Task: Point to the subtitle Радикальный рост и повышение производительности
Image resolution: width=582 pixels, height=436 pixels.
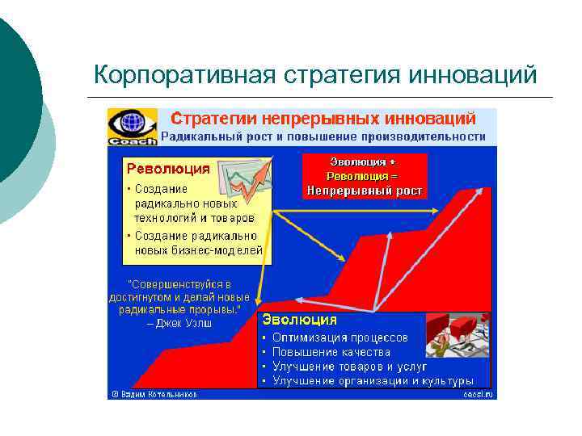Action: click(323, 137)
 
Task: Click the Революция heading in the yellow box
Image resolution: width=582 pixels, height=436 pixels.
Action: click(167, 169)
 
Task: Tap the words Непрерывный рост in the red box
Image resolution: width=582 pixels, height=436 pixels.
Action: click(363, 191)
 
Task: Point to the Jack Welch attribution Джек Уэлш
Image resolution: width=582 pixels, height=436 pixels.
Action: click(179, 323)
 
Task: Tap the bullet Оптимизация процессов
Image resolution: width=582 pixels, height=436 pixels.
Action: click(339, 337)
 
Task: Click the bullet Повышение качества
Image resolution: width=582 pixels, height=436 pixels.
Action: click(331, 352)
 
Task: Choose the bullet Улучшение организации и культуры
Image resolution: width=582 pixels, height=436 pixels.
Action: click(373, 380)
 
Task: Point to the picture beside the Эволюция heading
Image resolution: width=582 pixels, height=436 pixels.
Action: click(458, 334)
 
